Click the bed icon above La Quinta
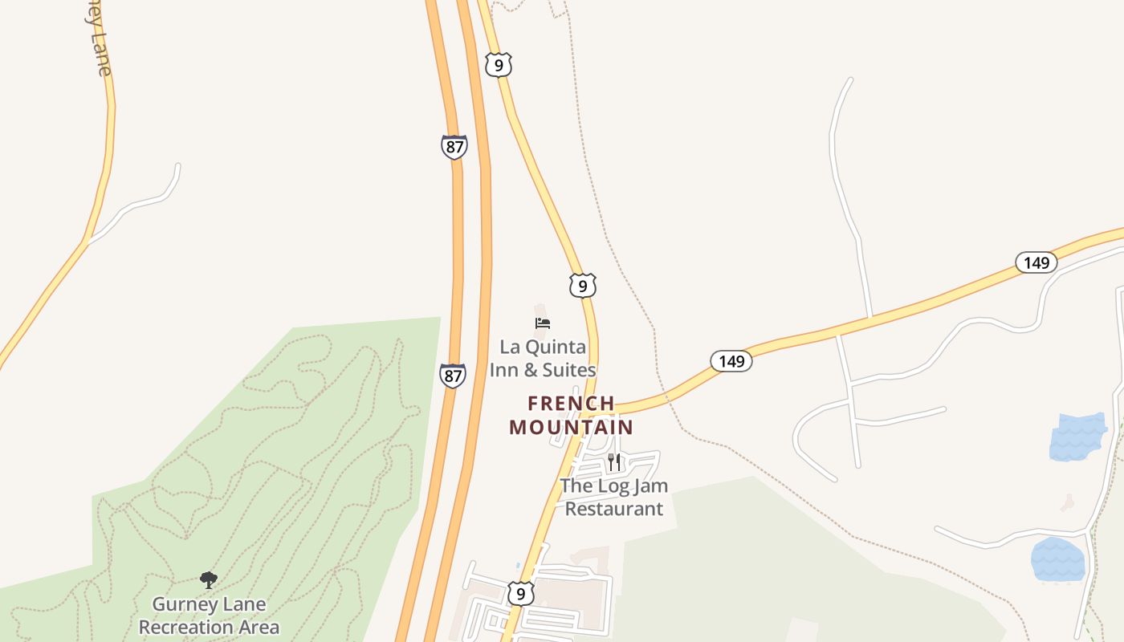pyautogui.click(x=543, y=323)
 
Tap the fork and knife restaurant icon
pyautogui.click(x=614, y=461)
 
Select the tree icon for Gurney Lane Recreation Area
pyautogui.click(x=209, y=579)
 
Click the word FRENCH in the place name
pyautogui.click(x=571, y=403)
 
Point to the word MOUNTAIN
pyautogui.click(x=571, y=427)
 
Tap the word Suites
pyautogui.click(x=569, y=370)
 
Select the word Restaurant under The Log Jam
pyautogui.click(x=614, y=509)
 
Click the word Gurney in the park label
pyautogui.click(x=186, y=604)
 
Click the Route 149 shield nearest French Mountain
pyautogui.click(x=731, y=361)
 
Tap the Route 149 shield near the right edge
pyautogui.click(x=1036, y=262)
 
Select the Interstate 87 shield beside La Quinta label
pyautogui.click(x=453, y=375)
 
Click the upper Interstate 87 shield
pyautogui.click(x=454, y=147)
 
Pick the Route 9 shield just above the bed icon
pyautogui.click(x=583, y=285)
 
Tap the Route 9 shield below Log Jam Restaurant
pyautogui.click(x=521, y=594)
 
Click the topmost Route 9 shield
pyautogui.click(x=499, y=65)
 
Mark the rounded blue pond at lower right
pyautogui.click(x=1057, y=559)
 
